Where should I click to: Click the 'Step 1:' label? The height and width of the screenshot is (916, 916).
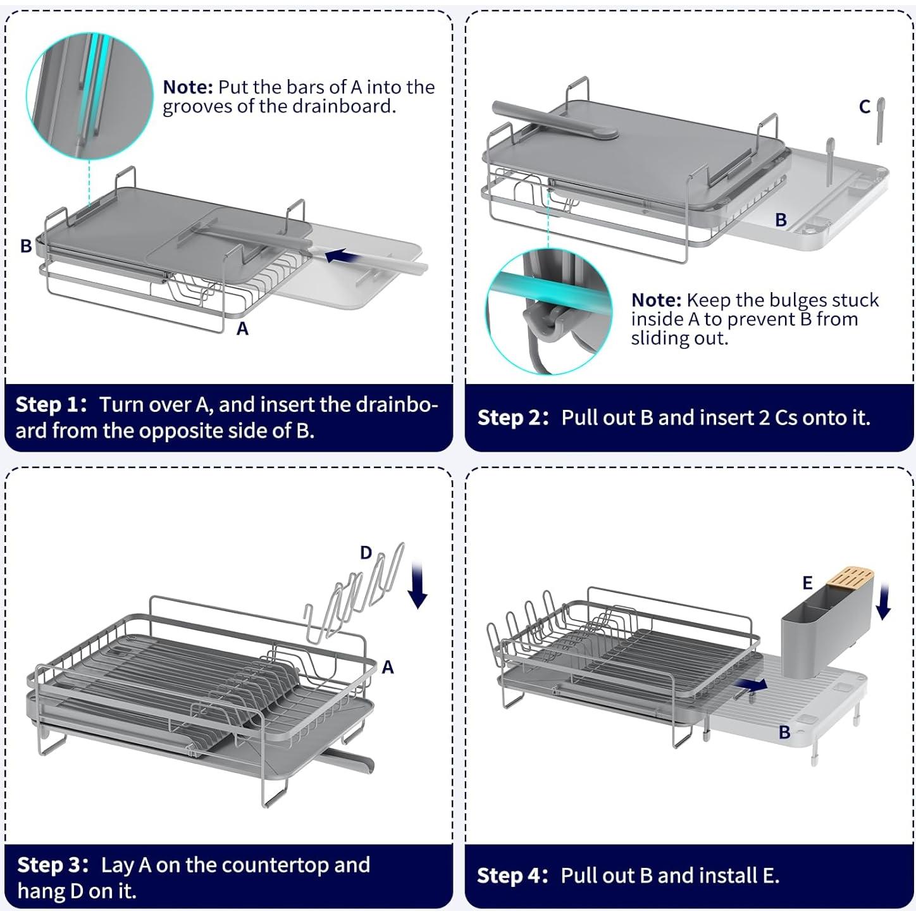tap(51, 404)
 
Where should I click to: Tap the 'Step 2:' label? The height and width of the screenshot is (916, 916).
tap(513, 418)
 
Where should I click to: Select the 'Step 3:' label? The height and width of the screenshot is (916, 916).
tap(53, 865)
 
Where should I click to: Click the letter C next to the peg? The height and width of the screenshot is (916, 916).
tap(864, 107)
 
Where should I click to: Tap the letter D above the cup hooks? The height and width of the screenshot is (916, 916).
tap(366, 552)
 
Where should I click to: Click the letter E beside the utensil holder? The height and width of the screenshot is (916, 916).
tap(807, 583)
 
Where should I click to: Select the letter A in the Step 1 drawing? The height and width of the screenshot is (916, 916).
tap(242, 329)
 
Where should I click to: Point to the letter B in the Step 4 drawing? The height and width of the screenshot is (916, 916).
tap(784, 732)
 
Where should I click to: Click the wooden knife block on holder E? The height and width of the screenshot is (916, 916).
tap(850, 578)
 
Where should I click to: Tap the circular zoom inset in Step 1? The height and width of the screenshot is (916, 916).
tap(89, 95)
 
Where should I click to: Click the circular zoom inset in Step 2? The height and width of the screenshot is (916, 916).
tap(548, 311)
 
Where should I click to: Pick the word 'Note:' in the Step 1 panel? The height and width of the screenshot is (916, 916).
tap(188, 87)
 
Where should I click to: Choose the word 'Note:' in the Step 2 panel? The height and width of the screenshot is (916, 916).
tap(656, 300)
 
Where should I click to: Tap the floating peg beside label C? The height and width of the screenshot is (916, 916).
tap(880, 119)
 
